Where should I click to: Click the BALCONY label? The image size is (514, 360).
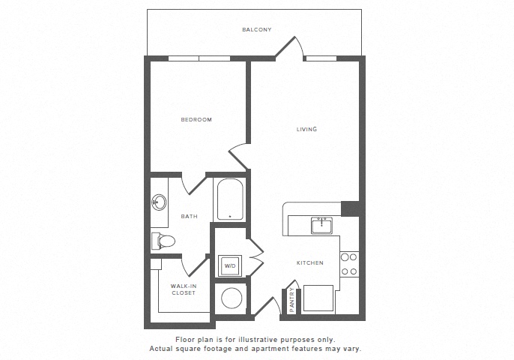(x=257, y=29)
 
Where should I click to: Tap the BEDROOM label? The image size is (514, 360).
(x=196, y=120)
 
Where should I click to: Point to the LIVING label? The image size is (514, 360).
(x=307, y=129)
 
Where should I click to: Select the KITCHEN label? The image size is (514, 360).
(x=309, y=262)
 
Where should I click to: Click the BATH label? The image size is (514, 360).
(x=190, y=217)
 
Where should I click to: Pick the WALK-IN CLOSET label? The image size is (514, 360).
(x=184, y=289)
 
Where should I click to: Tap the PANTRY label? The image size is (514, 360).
(x=291, y=300)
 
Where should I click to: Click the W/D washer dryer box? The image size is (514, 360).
(x=230, y=265)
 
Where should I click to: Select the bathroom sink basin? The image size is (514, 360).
(x=160, y=202)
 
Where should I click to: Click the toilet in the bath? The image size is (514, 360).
(x=163, y=241)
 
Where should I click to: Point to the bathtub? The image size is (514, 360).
(x=230, y=199)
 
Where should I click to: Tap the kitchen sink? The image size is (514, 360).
(x=321, y=226)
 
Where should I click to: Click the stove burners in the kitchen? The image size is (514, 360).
(x=349, y=265)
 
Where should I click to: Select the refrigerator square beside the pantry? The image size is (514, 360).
(x=318, y=298)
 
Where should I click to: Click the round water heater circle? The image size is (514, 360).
(x=232, y=298)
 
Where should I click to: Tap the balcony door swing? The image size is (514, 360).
(x=289, y=47)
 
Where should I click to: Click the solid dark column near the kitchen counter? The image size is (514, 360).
(x=351, y=209)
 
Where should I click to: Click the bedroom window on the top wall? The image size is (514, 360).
(x=199, y=58)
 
